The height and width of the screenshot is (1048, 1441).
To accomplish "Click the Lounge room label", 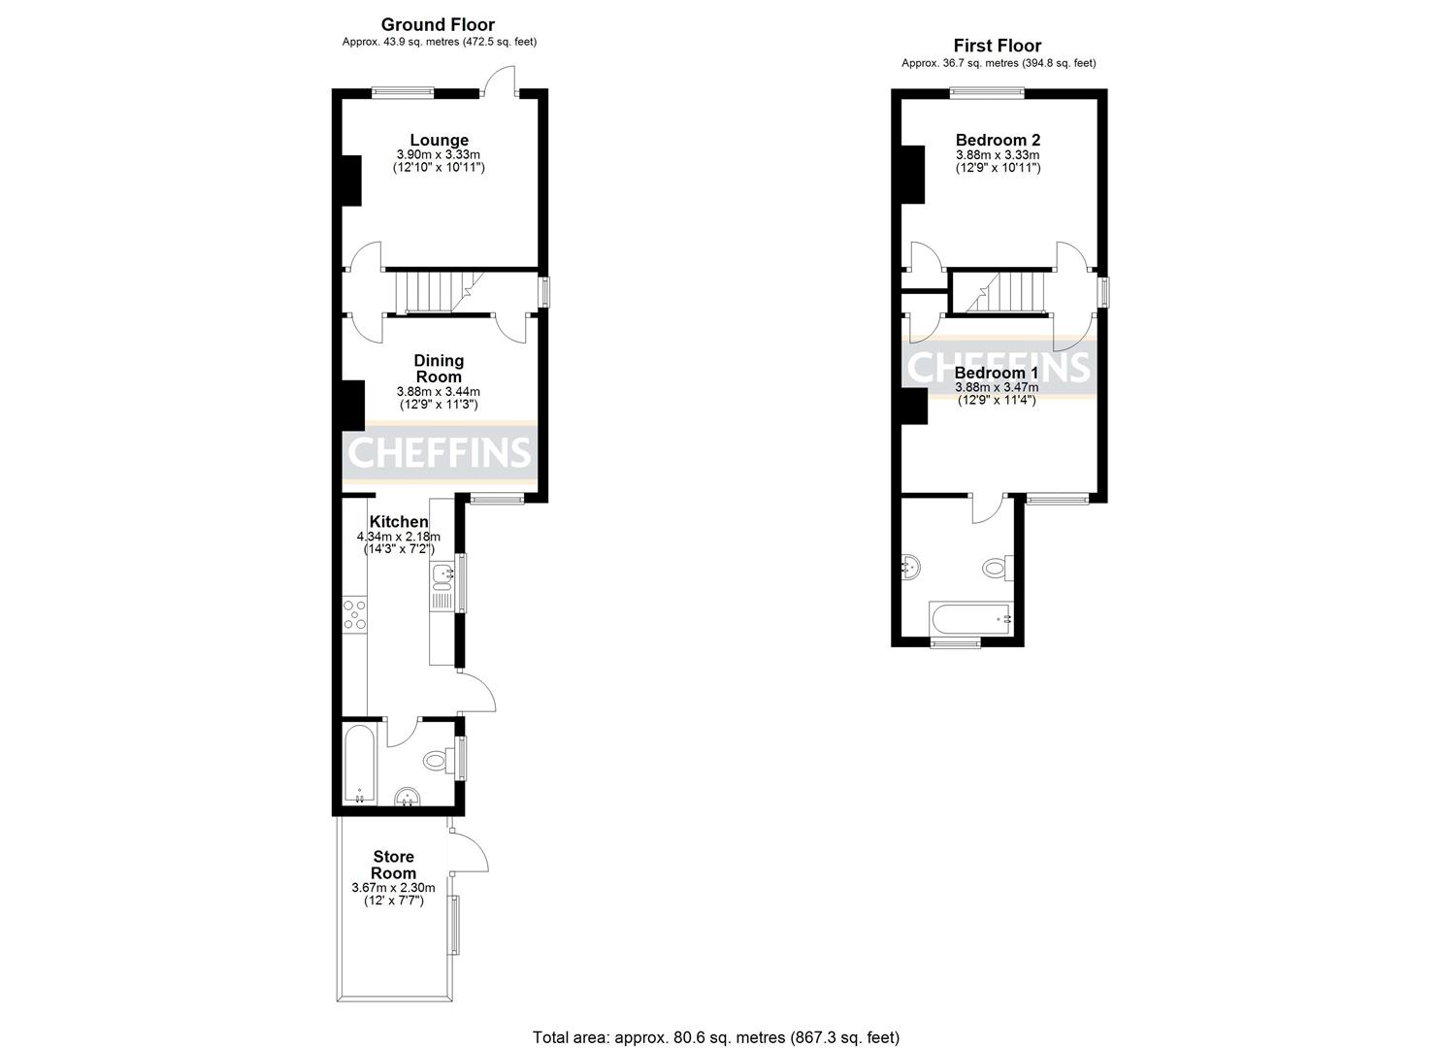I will pos(439,141).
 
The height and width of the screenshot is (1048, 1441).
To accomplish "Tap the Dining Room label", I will pos(439,369).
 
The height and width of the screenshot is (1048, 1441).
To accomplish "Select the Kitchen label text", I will pos(399,522).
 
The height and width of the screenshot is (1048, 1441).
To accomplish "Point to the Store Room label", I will pos(393,865).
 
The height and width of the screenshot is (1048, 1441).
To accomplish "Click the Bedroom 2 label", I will pos(998,140).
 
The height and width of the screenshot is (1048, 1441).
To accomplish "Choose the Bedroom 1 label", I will pos(997,373).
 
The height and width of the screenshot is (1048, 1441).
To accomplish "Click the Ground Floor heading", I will pos(438,25).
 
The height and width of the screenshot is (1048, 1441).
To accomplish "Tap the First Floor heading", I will pos(998,46).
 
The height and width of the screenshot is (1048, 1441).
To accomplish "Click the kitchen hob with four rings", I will pos(355,615).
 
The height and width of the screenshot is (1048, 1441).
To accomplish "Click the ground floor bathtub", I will pos(358,765).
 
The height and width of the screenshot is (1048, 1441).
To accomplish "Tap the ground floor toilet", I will pos(438,760).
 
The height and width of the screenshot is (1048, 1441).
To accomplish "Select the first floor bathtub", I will pos(971,617).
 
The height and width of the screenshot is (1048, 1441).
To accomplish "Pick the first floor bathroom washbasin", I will pos(910,568).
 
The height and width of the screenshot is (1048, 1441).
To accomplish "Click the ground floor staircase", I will pos(431,290).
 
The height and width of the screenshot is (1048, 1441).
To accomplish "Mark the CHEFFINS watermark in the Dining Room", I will pos(440,452).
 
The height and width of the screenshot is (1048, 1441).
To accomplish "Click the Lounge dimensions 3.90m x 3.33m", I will pos(439,155).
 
